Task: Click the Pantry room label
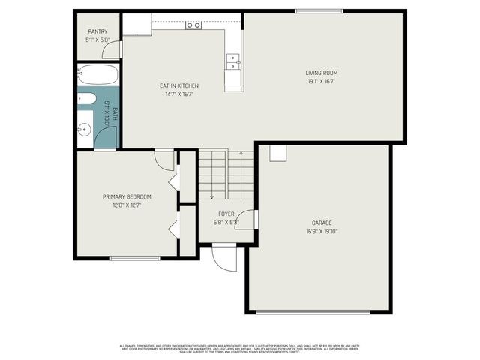pos(98,31)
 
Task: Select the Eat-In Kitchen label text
pos(178,86)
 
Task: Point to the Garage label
pos(322,223)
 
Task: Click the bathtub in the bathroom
pos(98,75)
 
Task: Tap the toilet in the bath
pos(85,98)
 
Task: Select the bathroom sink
pos(84,130)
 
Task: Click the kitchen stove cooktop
pos(193,25)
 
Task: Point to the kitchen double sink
pos(233,61)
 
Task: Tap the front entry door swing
pos(223,257)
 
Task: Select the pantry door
pos(113,51)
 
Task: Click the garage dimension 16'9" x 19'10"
pos(322,232)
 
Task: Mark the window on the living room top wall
pos(319,10)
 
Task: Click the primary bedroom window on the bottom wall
pos(135,259)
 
